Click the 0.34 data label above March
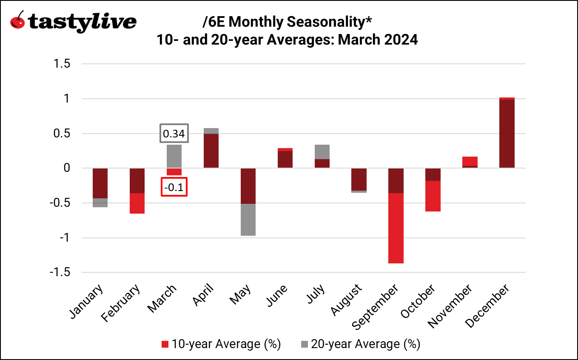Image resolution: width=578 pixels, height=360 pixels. [174, 134]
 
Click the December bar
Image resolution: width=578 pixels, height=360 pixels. [507, 133]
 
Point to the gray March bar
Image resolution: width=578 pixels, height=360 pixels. [174, 156]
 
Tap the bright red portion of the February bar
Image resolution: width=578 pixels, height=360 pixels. [137, 203]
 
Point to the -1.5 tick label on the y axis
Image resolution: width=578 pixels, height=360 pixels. [60, 272]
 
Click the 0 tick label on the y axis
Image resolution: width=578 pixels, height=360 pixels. [66, 168]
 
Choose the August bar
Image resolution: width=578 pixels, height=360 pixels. [359, 180]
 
